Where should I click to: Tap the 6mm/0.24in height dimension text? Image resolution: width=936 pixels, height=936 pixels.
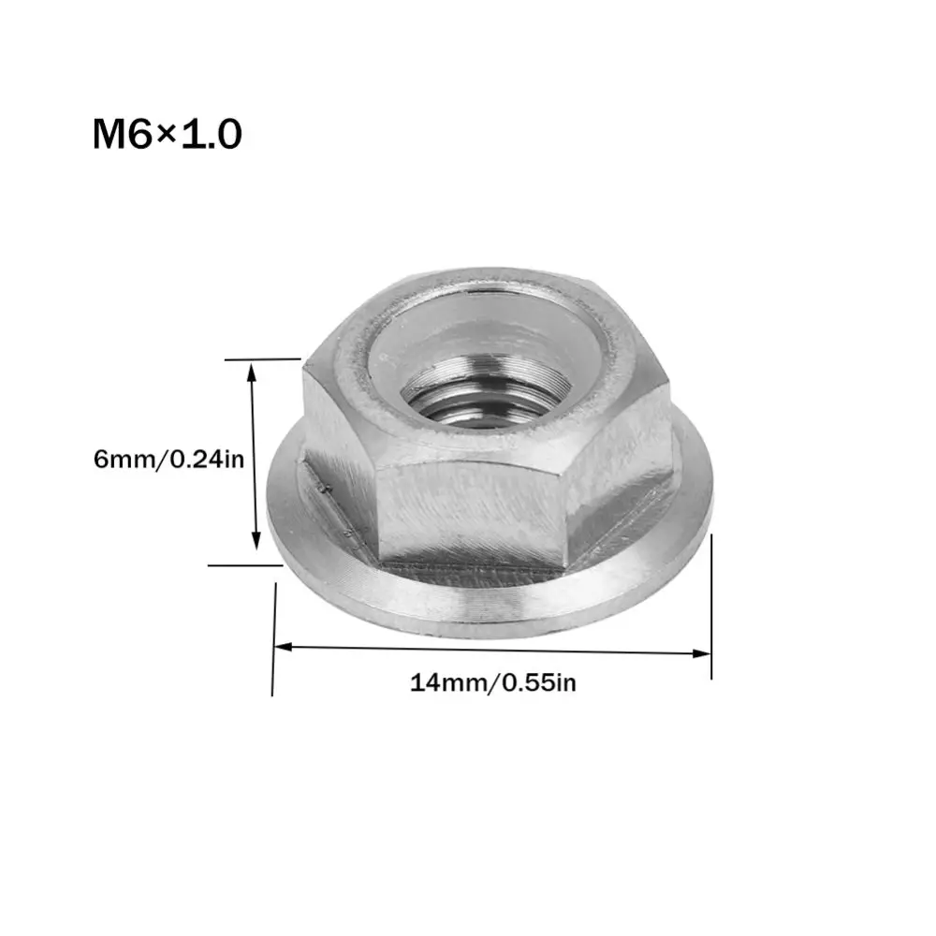pos(168,460)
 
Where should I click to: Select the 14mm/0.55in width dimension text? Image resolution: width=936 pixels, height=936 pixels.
pos(493,682)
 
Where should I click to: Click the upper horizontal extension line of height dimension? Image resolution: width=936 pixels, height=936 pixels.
pos(262,358)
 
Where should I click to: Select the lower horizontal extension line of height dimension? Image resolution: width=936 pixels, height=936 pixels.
pos(245,564)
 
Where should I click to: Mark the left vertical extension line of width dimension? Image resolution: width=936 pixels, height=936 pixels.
pos(273,636)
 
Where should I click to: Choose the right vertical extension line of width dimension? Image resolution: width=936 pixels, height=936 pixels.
pos(711,608)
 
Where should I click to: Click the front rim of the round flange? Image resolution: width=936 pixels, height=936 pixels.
pos(487,608)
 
